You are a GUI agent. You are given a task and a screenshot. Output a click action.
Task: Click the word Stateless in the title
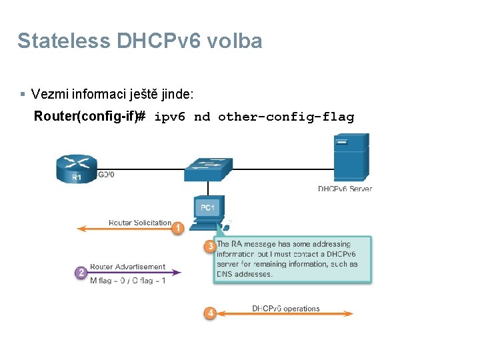pos(64,41)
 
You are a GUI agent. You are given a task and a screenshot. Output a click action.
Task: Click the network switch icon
pos(208,169)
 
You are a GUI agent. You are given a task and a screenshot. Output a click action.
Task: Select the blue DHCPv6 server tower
pos(351,159)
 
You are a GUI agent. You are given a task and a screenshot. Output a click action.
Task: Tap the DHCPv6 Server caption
pos(345,189)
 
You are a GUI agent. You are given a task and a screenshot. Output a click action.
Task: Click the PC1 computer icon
pos(208,212)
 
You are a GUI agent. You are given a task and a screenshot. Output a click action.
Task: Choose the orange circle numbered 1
pos(178,229)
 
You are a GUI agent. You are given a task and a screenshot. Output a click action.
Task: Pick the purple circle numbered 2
pos(81,273)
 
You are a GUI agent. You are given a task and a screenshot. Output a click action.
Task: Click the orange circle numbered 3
pos(209,247)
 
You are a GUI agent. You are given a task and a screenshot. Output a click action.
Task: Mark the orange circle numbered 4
pos(209,313)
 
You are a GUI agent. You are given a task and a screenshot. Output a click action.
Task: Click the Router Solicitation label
pos(140,223)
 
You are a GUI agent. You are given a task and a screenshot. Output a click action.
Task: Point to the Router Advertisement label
pos(127,267)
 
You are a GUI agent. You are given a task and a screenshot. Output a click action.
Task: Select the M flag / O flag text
pos(127,281)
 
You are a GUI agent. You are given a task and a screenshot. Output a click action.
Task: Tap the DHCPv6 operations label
pos(285,309)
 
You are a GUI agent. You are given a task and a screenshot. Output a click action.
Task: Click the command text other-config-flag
pos(286,117)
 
